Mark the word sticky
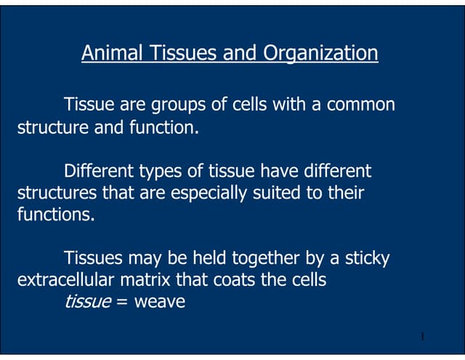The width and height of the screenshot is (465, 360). [369, 257]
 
